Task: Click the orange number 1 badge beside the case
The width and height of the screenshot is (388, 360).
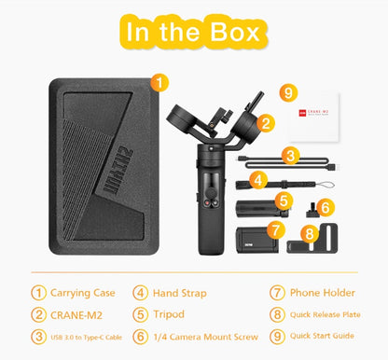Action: pos(160,82)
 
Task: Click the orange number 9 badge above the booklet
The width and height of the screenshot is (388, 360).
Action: pos(289,93)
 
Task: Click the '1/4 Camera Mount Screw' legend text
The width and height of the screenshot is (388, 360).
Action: pos(205,336)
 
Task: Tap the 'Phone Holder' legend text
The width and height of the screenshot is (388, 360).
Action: pos(323,291)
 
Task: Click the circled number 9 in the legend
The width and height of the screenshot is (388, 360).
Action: pos(277,336)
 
